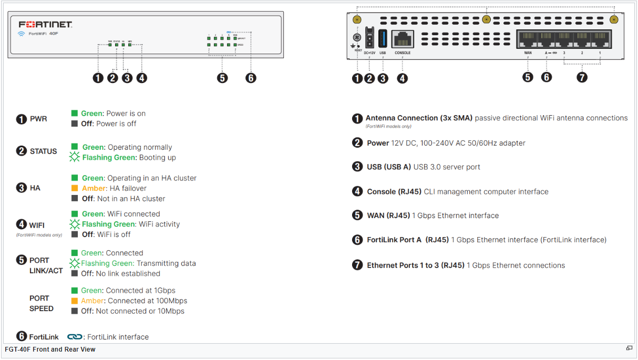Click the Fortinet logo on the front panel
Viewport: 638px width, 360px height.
coord(45,24)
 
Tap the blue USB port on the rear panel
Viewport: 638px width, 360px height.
coord(383,39)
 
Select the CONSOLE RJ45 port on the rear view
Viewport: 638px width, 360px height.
coord(403,39)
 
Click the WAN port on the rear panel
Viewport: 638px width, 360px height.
coord(528,40)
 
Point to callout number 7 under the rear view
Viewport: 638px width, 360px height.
coord(582,77)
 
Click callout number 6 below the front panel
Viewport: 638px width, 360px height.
coord(251,78)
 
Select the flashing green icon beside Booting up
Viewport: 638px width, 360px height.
coord(75,158)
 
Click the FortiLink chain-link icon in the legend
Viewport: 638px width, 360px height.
coord(75,337)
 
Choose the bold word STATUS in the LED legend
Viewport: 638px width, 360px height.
coord(43,151)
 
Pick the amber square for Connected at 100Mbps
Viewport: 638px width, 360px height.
coord(75,301)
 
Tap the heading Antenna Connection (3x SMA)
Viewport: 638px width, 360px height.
coord(419,118)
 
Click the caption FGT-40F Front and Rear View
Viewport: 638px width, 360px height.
coord(50,349)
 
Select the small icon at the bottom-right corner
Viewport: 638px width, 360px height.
coord(629,348)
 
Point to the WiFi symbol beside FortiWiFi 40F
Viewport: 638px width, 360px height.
coord(22,34)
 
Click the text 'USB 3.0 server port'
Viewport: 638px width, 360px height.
coord(447,167)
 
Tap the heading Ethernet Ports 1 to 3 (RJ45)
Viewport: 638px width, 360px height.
coord(415,265)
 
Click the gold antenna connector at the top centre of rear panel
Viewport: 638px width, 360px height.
coord(486,19)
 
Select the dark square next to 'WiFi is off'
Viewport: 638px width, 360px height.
coord(75,234)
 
